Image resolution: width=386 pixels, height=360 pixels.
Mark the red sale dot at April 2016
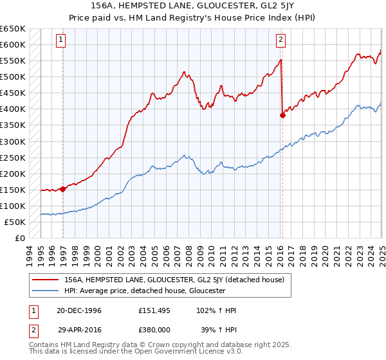pos(282,116)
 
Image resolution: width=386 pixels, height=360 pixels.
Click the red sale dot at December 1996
pos(63,189)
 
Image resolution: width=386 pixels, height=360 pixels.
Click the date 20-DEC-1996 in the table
pos(79,310)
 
